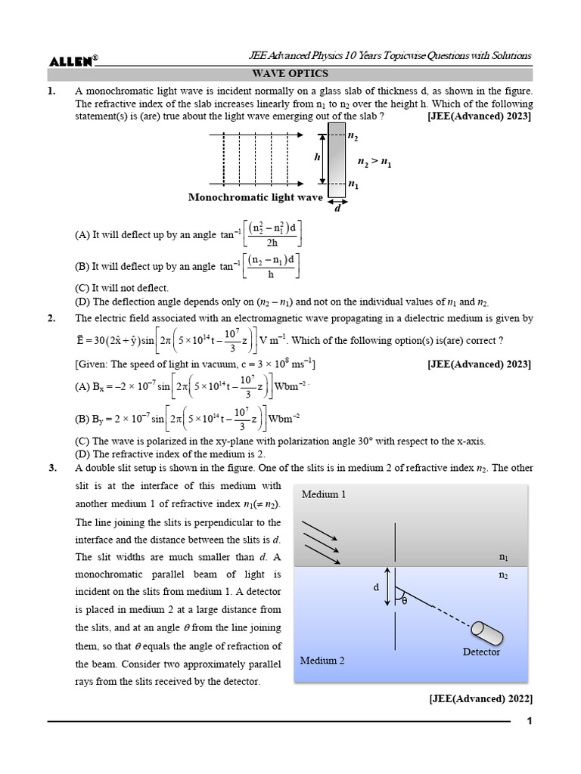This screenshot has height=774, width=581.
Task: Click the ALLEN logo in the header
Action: pos(71,61)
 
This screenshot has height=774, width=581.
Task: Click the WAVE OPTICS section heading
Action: pos(290,73)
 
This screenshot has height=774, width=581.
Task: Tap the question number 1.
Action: pos(51,91)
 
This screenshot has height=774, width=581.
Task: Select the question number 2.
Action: pos(51,319)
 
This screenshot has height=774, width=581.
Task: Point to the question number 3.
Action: pos(51,468)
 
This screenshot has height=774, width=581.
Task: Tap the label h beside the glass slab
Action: pos(317,157)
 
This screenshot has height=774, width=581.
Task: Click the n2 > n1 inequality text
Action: pos(374,162)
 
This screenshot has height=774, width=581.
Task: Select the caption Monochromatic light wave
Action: pos(255,197)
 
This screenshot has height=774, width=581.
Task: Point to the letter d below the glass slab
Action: pos(337,207)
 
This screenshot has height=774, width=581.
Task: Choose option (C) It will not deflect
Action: pos(122,288)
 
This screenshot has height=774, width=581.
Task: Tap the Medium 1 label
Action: pos(324,494)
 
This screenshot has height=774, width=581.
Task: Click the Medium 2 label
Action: pos(323,660)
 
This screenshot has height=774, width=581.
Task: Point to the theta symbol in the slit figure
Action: pos(404,601)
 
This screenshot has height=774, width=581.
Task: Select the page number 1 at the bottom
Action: pos(530,722)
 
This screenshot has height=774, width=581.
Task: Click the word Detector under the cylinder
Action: pos(481,652)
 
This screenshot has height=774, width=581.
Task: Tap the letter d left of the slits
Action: pos(375,587)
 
